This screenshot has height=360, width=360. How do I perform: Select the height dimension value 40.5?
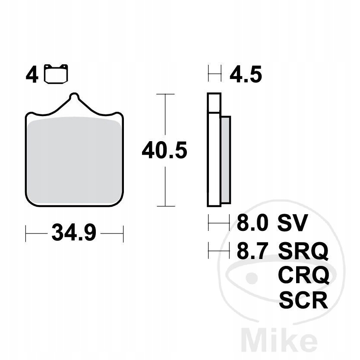(x=164, y=150)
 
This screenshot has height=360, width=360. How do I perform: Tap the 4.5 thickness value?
(x=246, y=74)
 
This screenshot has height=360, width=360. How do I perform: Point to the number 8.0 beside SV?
(x=253, y=222)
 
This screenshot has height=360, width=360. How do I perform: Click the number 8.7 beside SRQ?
(x=253, y=250)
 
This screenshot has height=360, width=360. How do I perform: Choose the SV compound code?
(x=292, y=222)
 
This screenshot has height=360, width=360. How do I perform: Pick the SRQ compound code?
(x=303, y=251)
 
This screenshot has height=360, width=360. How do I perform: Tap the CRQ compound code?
(x=303, y=275)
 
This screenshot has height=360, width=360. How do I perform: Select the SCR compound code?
(x=303, y=300)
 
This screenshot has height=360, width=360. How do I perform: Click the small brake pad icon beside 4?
(x=56, y=74)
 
